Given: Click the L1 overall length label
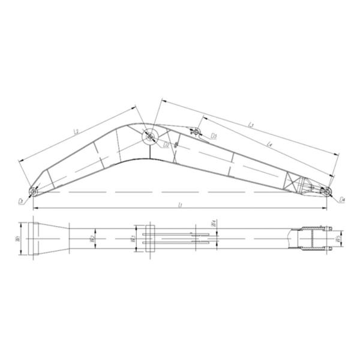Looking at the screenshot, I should tap(181, 205).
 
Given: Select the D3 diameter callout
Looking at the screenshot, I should tap(214, 137).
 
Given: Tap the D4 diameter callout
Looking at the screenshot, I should tap(341, 199).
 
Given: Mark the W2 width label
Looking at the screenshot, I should tap(92, 239).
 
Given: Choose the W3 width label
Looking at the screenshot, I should tap(133, 238).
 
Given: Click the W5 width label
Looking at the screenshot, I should tap(338, 239).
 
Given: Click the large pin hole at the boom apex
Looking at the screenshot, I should tap(148, 137).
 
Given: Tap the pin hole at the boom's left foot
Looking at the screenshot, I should tap(34, 191).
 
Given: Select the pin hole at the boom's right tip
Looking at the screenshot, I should tap(328, 191).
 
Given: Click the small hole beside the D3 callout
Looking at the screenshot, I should tap(198, 131).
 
